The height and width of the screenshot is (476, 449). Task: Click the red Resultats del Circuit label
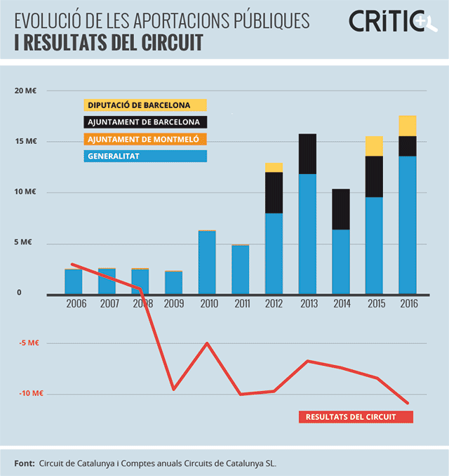pyautogui.click(x=356, y=417)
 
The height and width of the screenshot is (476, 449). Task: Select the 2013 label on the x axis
pyautogui.click(x=307, y=304)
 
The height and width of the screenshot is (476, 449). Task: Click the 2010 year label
pyautogui.click(x=208, y=304)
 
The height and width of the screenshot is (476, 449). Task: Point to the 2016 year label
pyautogui.click(x=408, y=304)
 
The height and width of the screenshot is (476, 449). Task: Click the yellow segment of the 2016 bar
pyautogui.click(x=408, y=126)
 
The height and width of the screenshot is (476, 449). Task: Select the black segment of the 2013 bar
pyautogui.click(x=307, y=154)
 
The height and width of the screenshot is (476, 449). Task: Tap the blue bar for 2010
pyautogui.click(x=208, y=262)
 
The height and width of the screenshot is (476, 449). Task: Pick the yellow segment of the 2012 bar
pyautogui.click(x=274, y=167)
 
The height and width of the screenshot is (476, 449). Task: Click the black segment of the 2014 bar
pyautogui.click(x=341, y=209)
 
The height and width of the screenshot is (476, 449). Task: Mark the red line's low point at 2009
pyautogui.click(x=173, y=389)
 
